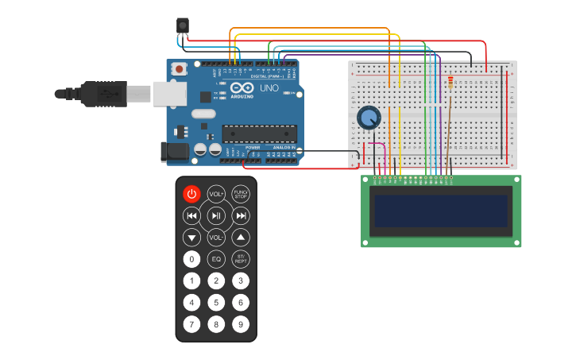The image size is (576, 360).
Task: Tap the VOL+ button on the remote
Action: tap(216, 194)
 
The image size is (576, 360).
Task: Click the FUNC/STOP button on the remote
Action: tap(241, 194)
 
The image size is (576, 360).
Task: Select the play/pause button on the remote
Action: tap(216, 215)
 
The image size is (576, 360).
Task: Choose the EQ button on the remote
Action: tap(216, 259)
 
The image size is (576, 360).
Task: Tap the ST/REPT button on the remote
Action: tap(241, 259)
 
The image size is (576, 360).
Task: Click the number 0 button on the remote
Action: tap(191, 259)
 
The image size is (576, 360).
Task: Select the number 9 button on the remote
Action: tap(241, 324)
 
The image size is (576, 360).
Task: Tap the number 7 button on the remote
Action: tap(191, 324)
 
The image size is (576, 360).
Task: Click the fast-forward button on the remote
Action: tap(242, 215)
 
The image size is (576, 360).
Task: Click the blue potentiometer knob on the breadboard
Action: tap(368, 118)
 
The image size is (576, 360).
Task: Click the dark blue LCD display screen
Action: tap(441, 211)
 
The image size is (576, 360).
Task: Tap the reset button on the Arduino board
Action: tap(180, 69)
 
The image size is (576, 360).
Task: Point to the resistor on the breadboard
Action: tap(450, 83)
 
